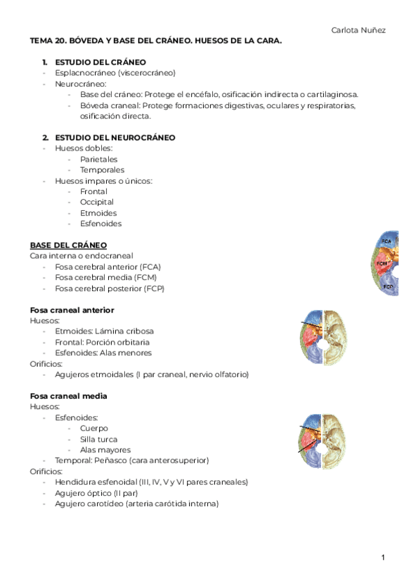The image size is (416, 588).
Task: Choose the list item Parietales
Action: [x=98, y=159]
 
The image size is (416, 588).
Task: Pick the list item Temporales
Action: [x=102, y=170]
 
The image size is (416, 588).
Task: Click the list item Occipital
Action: [x=96, y=202]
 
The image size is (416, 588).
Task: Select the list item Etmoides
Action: [x=98, y=213]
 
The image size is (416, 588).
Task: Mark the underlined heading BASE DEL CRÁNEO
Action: [x=68, y=245]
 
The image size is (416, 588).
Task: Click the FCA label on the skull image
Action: [x=386, y=241]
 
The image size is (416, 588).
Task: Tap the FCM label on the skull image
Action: [x=381, y=264]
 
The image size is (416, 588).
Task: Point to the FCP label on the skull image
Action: [x=388, y=286]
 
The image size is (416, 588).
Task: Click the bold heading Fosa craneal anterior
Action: [x=72, y=309]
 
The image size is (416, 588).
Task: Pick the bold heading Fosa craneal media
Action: [x=68, y=396]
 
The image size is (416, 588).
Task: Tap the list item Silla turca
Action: [x=98, y=439]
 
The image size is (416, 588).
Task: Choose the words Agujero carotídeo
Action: [x=89, y=504]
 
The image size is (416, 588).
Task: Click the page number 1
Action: [x=382, y=557]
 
